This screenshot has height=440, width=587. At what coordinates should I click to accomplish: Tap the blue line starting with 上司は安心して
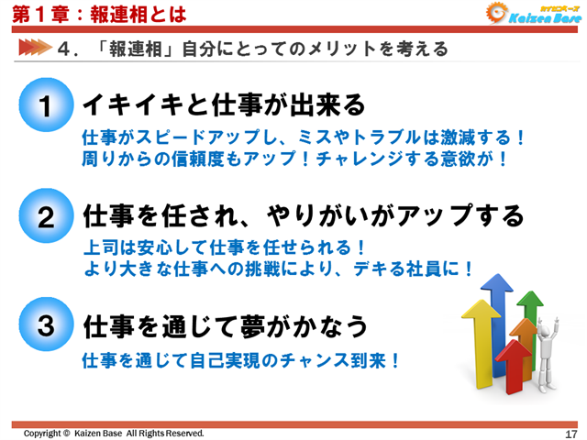tap(225, 247)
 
